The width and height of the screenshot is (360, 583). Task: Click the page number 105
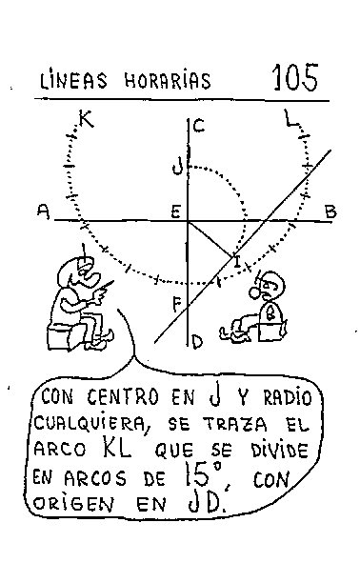click(294, 77)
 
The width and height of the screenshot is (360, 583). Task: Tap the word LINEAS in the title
click(73, 80)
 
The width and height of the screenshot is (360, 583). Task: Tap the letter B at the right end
click(330, 211)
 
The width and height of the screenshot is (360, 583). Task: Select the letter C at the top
click(200, 126)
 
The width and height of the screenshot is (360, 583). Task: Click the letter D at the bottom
click(197, 341)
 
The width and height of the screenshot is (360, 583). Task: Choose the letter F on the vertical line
click(176, 306)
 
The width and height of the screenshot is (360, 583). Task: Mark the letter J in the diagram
click(177, 167)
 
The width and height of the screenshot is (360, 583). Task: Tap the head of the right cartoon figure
click(270, 283)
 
